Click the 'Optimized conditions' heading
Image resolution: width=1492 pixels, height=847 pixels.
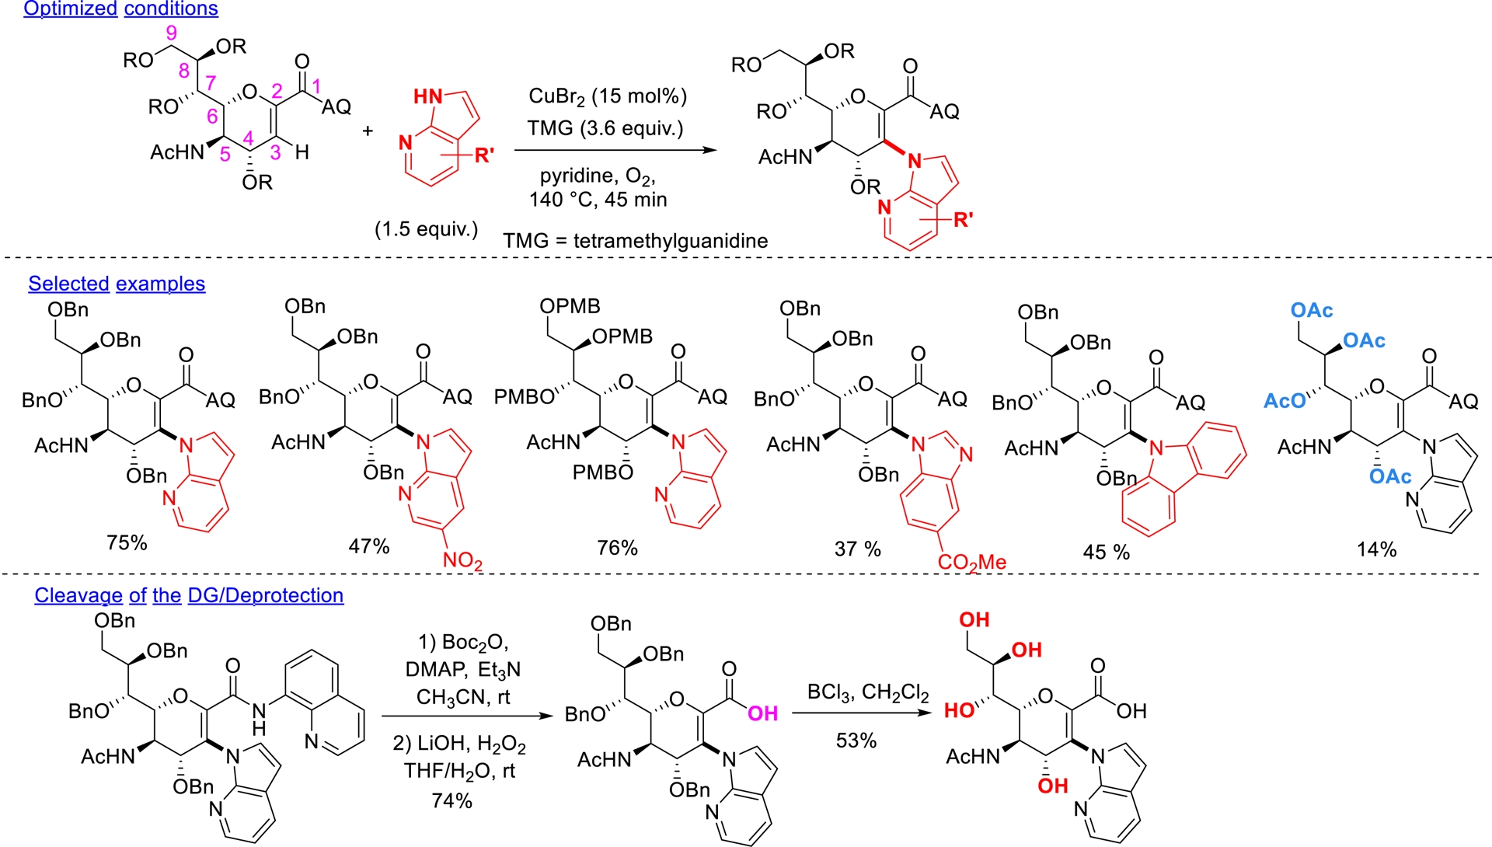coord(120,9)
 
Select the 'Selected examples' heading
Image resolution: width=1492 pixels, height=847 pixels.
coord(117,284)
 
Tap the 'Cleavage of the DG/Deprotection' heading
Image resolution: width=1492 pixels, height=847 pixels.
coord(189,595)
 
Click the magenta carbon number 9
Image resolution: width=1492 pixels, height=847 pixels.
coord(171,33)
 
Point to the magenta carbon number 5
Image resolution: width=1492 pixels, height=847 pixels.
coord(225,154)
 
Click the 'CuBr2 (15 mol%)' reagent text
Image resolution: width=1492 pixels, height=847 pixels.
coord(608,96)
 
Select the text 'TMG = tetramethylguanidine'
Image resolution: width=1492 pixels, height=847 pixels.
coord(635,241)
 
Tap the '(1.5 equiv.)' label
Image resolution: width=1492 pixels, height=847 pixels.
coord(426,229)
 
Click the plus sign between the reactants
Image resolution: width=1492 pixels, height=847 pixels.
coord(368,130)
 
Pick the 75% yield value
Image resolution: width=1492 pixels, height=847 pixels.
coord(127,542)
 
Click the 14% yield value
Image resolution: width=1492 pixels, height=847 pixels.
coord(1376,549)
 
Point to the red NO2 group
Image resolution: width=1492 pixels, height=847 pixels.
coord(462,560)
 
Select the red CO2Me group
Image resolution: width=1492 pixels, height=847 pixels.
coord(971,562)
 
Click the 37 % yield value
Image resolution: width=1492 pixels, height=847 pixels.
coord(857,549)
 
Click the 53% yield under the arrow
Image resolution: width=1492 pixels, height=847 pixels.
coord(856,741)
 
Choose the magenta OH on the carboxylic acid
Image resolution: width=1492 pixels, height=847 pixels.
coord(762,713)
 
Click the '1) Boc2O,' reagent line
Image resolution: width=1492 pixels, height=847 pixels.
coord(463,643)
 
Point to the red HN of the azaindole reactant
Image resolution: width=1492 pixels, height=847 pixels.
coord(427,96)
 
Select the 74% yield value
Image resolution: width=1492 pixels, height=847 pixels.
coord(451,800)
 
